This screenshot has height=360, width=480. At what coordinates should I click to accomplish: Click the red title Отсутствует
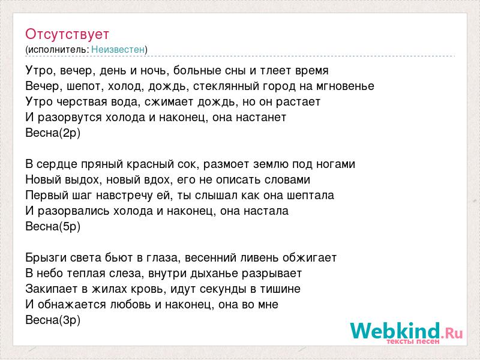click(x=67, y=34)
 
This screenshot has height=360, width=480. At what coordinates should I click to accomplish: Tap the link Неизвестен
click(x=118, y=49)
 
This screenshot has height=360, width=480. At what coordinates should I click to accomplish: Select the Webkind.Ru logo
click(x=407, y=332)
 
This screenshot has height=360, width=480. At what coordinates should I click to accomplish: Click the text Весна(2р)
click(x=53, y=133)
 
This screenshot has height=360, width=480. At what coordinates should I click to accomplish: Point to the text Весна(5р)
click(x=53, y=227)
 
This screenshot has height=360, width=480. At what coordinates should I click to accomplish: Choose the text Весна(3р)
click(x=53, y=320)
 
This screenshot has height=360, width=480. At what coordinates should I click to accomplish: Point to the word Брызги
click(x=46, y=259)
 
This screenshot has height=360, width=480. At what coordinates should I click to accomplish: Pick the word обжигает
click(x=310, y=258)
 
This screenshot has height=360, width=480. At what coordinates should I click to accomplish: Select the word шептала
click(x=310, y=196)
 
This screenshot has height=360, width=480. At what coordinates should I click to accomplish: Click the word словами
click(x=287, y=180)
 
